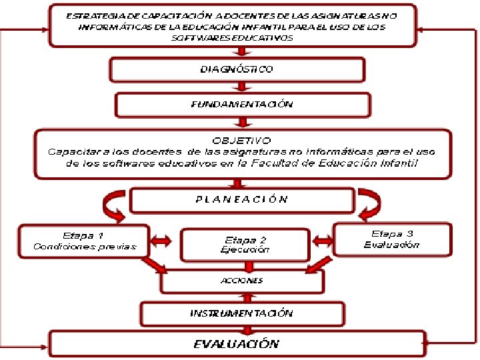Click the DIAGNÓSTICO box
pyautogui.click(x=237, y=69)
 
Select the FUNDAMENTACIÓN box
pyautogui.click(x=242, y=105)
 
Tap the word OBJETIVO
pyautogui.click(x=241, y=141)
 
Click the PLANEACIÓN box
pyautogui.click(x=242, y=199)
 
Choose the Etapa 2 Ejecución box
pyautogui.click(x=245, y=245)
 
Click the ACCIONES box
pyautogui.click(x=241, y=281)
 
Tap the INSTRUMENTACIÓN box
pyautogui.click(x=241, y=313)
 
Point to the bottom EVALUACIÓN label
pyautogui.click(x=236, y=344)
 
